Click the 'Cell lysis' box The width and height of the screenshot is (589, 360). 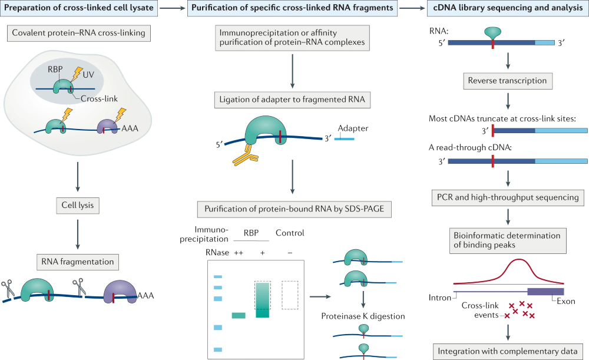(x=77, y=206)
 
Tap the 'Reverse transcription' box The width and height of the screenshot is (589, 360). (x=507, y=80)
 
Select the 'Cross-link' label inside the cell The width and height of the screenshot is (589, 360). (x=89, y=99)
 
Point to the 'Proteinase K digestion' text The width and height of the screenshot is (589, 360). (x=363, y=316)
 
